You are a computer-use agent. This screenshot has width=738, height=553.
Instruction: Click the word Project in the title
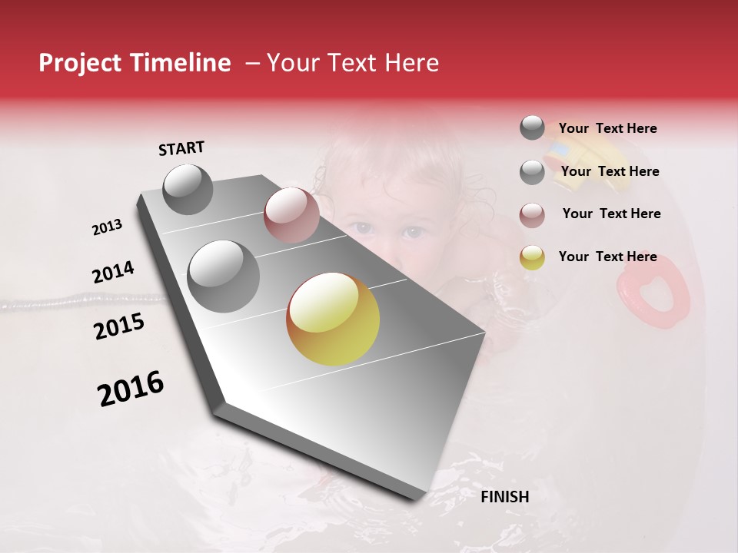click(77, 63)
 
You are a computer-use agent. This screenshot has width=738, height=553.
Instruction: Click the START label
click(181, 148)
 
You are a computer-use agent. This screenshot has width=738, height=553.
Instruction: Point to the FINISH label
click(504, 497)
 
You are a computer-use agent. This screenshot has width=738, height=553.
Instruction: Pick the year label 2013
click(107, 227)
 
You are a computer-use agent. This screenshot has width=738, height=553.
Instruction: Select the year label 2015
click(119, 326)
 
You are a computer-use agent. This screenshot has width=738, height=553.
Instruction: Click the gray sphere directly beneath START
click(188, 189)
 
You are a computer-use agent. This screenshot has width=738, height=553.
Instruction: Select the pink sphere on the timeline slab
click(291, 215)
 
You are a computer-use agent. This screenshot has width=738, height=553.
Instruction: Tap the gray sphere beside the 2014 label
click(223, 276)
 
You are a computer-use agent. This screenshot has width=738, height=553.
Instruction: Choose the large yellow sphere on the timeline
click(333, 319)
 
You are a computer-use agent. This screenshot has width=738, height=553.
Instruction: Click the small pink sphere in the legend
click(532, 215)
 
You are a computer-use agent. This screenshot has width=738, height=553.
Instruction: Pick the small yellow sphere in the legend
click(532, 257)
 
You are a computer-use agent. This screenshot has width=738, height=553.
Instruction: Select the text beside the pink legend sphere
click(611, 214)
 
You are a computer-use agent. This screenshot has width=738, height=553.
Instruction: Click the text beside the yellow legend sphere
click(607, 257)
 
